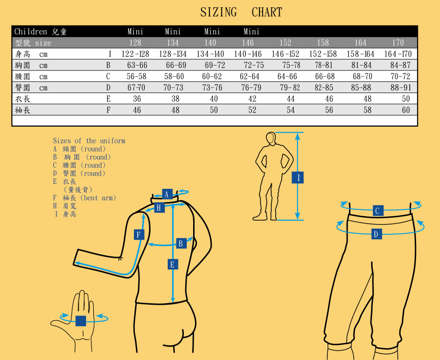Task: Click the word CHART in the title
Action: (267, 12)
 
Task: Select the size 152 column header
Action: (286, 43)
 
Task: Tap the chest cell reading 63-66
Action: (137, 65)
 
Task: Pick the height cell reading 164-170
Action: (398, 54)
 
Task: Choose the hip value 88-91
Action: (401, 88)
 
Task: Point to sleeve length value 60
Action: (406, 110)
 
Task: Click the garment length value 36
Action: (137, 99)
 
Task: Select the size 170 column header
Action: (398, 43)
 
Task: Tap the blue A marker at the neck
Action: (167, 194)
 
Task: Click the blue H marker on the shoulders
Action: (159, 208)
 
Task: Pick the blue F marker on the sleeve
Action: (139, 234)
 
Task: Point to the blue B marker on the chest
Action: (181, 243)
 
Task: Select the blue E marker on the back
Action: (173, 264)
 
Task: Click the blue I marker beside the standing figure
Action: (298, 178)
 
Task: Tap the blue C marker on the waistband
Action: (378, 211)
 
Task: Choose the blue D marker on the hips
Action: (376, 234)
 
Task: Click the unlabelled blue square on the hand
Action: (81, 321)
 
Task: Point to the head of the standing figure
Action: (271, 138)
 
